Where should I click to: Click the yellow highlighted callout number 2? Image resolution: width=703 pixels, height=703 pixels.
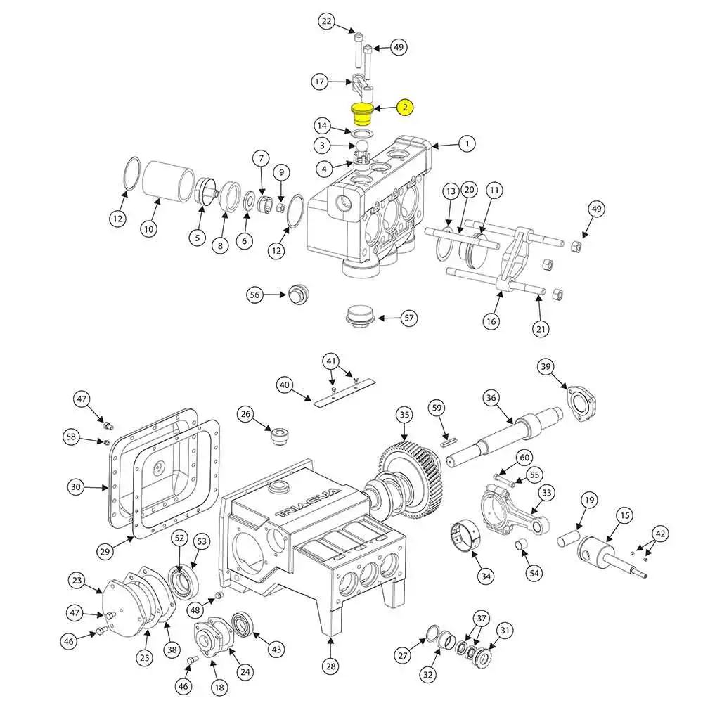(405, 108)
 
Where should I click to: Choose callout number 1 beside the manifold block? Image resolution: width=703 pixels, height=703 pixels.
(465, 144)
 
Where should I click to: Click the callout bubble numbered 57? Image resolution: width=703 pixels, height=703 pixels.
(409, 318)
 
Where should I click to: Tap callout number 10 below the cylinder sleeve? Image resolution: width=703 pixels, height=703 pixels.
(148, 228)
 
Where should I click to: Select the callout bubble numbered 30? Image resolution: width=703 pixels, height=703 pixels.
(76, 486)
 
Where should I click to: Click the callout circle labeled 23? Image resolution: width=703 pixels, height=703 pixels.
(77, 581)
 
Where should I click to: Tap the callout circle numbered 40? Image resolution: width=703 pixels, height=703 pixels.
(284, 385)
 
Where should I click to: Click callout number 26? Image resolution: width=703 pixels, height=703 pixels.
(245, 415)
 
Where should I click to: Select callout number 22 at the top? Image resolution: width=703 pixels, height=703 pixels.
(326, 22)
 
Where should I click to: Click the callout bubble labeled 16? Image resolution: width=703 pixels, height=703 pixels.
(491, 321)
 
